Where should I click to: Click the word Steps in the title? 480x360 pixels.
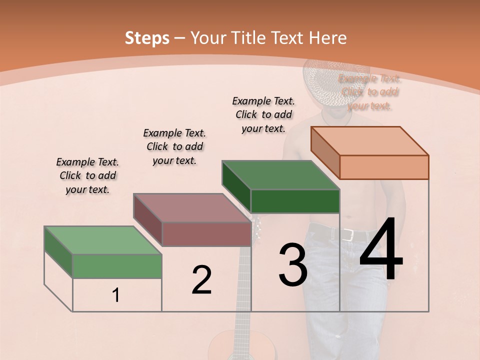146,38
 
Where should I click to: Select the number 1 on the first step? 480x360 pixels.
116,295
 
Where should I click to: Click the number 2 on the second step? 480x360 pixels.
201,280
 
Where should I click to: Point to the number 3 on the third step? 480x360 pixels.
292,265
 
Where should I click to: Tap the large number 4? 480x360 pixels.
381,250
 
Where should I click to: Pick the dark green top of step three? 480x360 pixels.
280,175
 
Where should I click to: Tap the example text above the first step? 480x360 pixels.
87,175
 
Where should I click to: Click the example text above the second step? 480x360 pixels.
174,146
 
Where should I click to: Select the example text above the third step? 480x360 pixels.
263,114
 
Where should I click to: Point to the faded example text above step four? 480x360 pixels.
369,92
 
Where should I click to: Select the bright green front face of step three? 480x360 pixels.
295,201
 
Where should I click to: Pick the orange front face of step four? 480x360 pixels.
384,167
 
